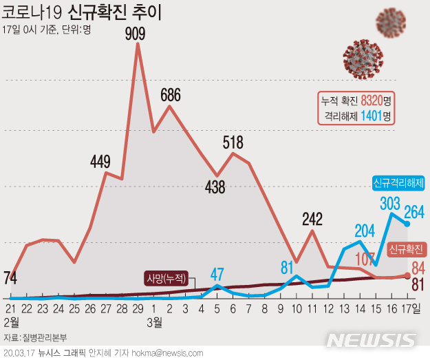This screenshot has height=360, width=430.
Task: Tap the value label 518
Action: (233, 142)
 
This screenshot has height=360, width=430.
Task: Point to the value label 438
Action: (215, 187)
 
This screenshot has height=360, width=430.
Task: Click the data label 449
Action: (100, 162)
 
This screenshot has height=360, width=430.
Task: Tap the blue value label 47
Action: (217, 272)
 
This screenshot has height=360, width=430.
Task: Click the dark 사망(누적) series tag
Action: (166, 279)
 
